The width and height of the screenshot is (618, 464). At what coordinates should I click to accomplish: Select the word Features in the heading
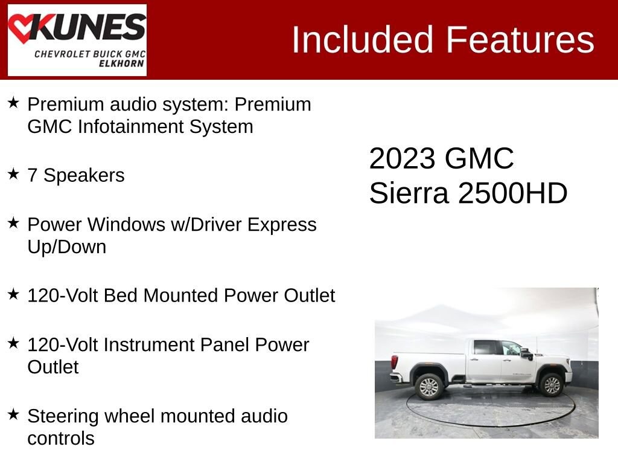click(x=520, y=40)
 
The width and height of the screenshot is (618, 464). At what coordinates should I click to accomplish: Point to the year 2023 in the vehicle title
click(x=402, y=159)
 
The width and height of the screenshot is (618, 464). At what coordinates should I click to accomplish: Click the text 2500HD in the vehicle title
click(x=513, y=194)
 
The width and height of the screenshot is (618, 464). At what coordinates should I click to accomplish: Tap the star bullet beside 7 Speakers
click(x=14, y=175)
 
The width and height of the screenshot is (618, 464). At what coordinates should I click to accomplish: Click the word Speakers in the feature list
click(x=84, y=176)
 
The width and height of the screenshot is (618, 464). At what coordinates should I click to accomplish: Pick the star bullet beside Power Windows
click(x=14, y=224)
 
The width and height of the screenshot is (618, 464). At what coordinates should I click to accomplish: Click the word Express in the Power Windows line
click(x=284, y=225)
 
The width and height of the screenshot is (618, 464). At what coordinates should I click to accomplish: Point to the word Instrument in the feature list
click(x=147, y=345)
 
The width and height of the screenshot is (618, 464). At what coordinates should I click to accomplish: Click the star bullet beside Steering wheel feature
click(x=14, y=415)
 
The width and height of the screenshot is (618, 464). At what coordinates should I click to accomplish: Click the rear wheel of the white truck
click(x=428, y=385)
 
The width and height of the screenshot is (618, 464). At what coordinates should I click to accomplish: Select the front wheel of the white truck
click(x=552, y=384)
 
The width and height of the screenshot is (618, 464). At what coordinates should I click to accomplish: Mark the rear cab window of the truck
click(x=484, y=347)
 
